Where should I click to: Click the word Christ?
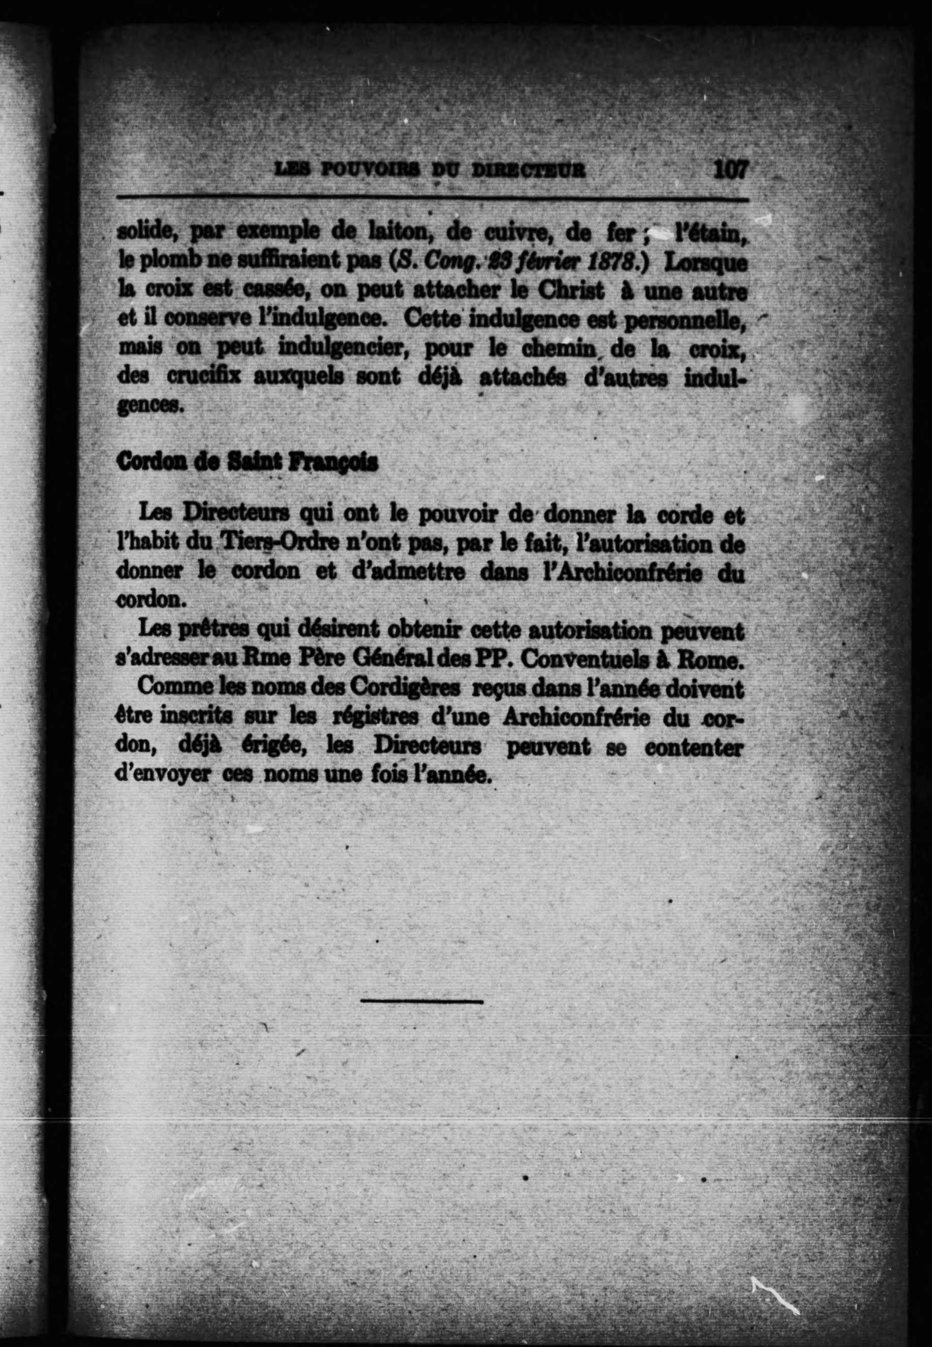[571, 290]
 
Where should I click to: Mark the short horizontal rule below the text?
[421, 1002]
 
